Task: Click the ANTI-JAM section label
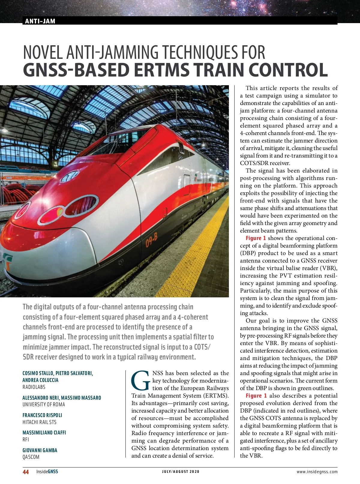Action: [40, 21]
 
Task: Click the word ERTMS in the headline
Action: [161, 70]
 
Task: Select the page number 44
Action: [26, 472]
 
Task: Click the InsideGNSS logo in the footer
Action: [47, 472]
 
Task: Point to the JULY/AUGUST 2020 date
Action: [181, 472]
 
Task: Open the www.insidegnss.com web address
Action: [317, 472]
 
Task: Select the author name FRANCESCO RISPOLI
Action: [42, 415]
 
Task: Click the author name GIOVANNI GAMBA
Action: [40, 450]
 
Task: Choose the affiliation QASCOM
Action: [31, 457]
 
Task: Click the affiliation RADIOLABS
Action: [34, 387]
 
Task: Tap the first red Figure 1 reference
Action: [256, 238]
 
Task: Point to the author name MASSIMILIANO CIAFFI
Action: [44, 433]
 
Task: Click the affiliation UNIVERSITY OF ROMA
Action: [44, 404]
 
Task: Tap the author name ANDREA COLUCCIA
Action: [40, 380]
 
